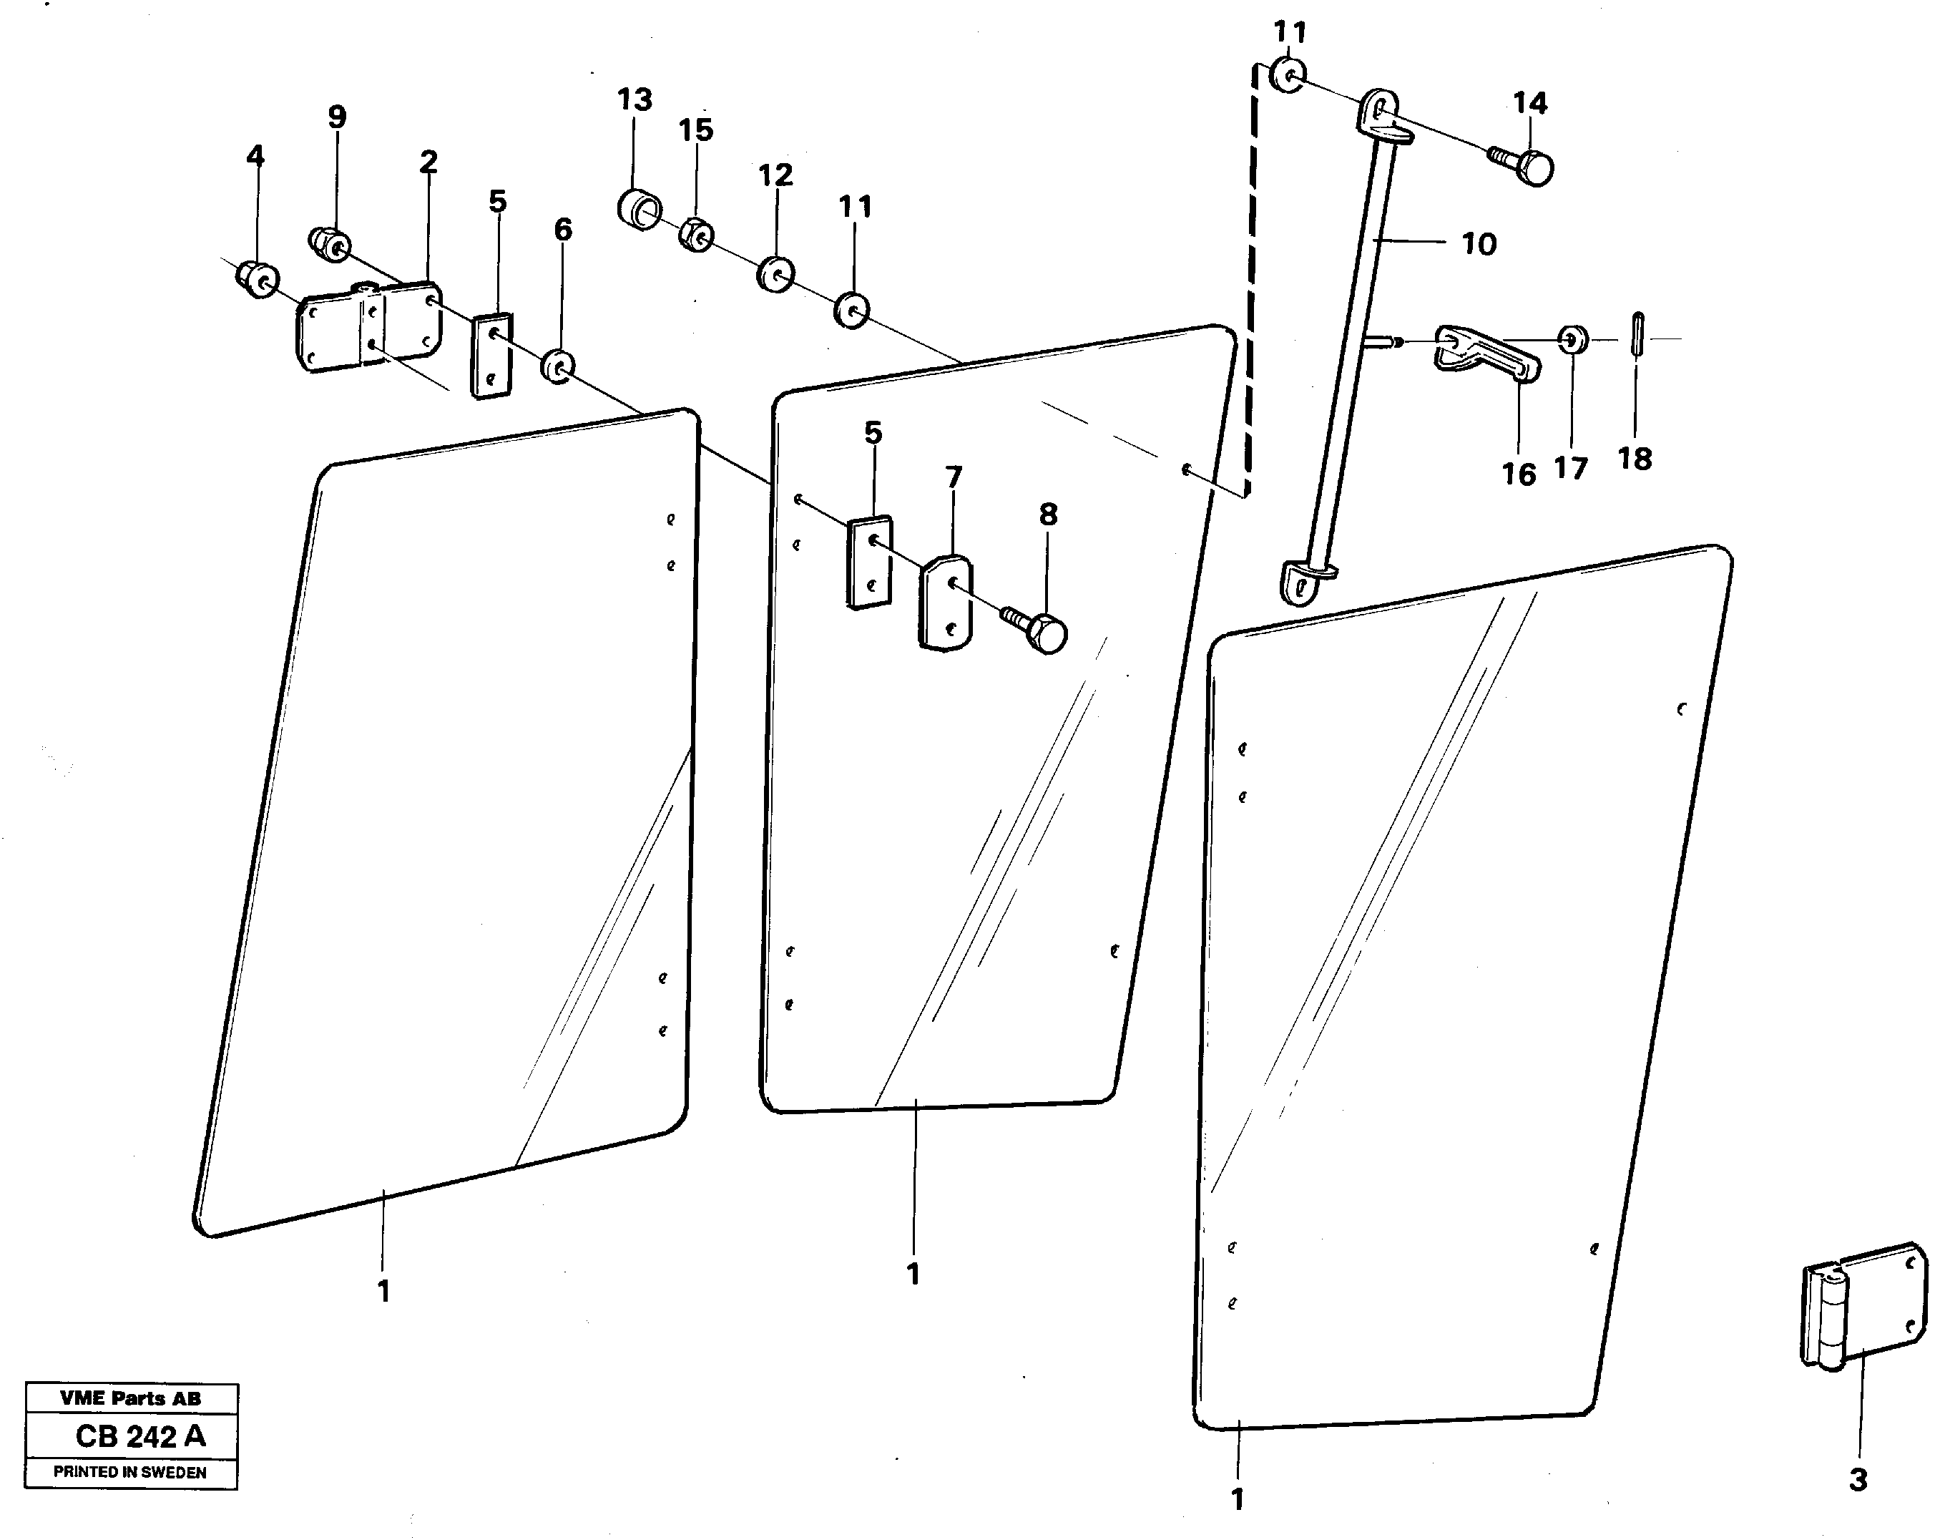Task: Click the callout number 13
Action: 635,99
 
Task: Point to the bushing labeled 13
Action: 638,209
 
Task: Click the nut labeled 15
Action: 696,236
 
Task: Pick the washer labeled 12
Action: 774,274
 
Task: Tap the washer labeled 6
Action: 559,365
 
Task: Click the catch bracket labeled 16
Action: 1487,357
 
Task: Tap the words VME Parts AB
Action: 131,1398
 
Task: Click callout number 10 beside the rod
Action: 1478,243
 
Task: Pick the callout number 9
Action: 336,117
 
